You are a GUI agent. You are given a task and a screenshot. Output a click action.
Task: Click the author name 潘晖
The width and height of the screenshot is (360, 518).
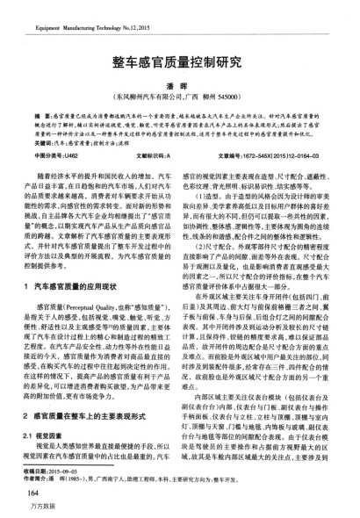click(x=179, y=86)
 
